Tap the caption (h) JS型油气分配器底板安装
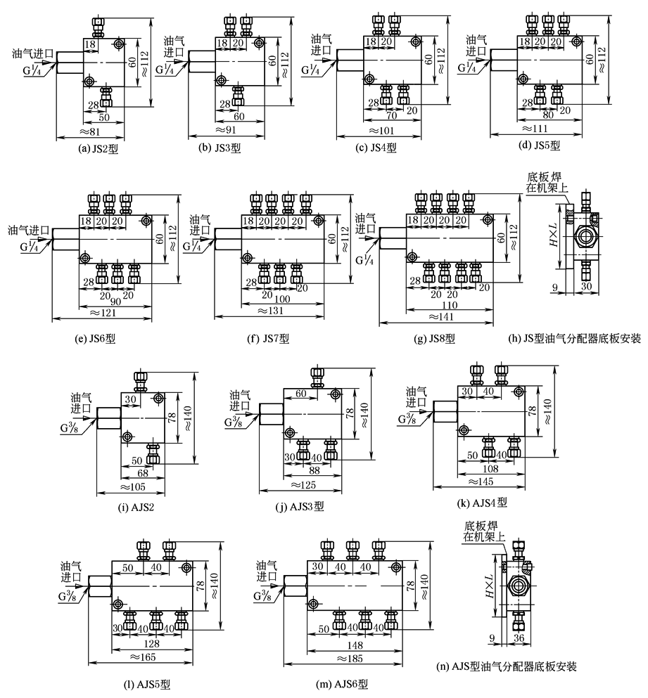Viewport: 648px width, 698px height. click(x=574, y=338)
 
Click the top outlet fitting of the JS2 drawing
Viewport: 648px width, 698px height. click(x=97, y=27)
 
